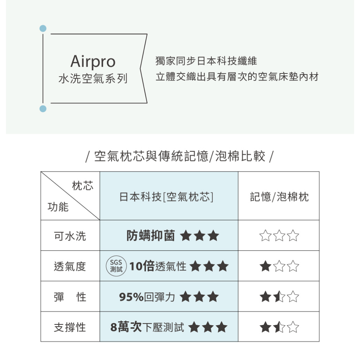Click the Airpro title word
(93, 62)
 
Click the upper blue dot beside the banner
(43, 28)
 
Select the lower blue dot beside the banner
(43, 109)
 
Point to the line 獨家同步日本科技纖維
(206, 61)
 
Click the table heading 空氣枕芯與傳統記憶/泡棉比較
(180, 156)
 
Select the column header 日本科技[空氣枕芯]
(167, 197)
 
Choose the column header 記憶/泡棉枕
(279, 197)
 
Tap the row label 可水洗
(70, 236)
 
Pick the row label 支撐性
(70, 328)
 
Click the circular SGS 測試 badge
(116, 266)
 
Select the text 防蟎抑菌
(151, 236)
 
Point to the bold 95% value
(131, 297)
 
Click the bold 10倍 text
(142, 266)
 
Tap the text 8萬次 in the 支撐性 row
(126, 328)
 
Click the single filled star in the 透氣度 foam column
(265, 266)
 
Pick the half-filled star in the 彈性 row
(279, 297)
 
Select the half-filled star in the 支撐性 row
(279, 328)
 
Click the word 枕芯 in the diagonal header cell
(83, 186)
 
